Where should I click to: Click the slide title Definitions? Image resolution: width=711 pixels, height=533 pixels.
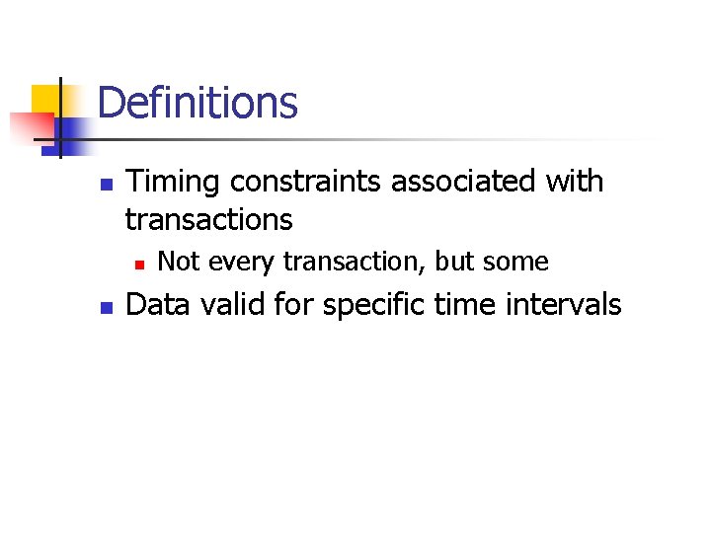(197, 102)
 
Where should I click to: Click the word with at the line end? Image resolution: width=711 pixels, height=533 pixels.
(577, 183)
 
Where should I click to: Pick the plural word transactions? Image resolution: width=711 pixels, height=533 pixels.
(208, 219)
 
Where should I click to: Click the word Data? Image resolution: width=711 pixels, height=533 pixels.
(157, 305)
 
